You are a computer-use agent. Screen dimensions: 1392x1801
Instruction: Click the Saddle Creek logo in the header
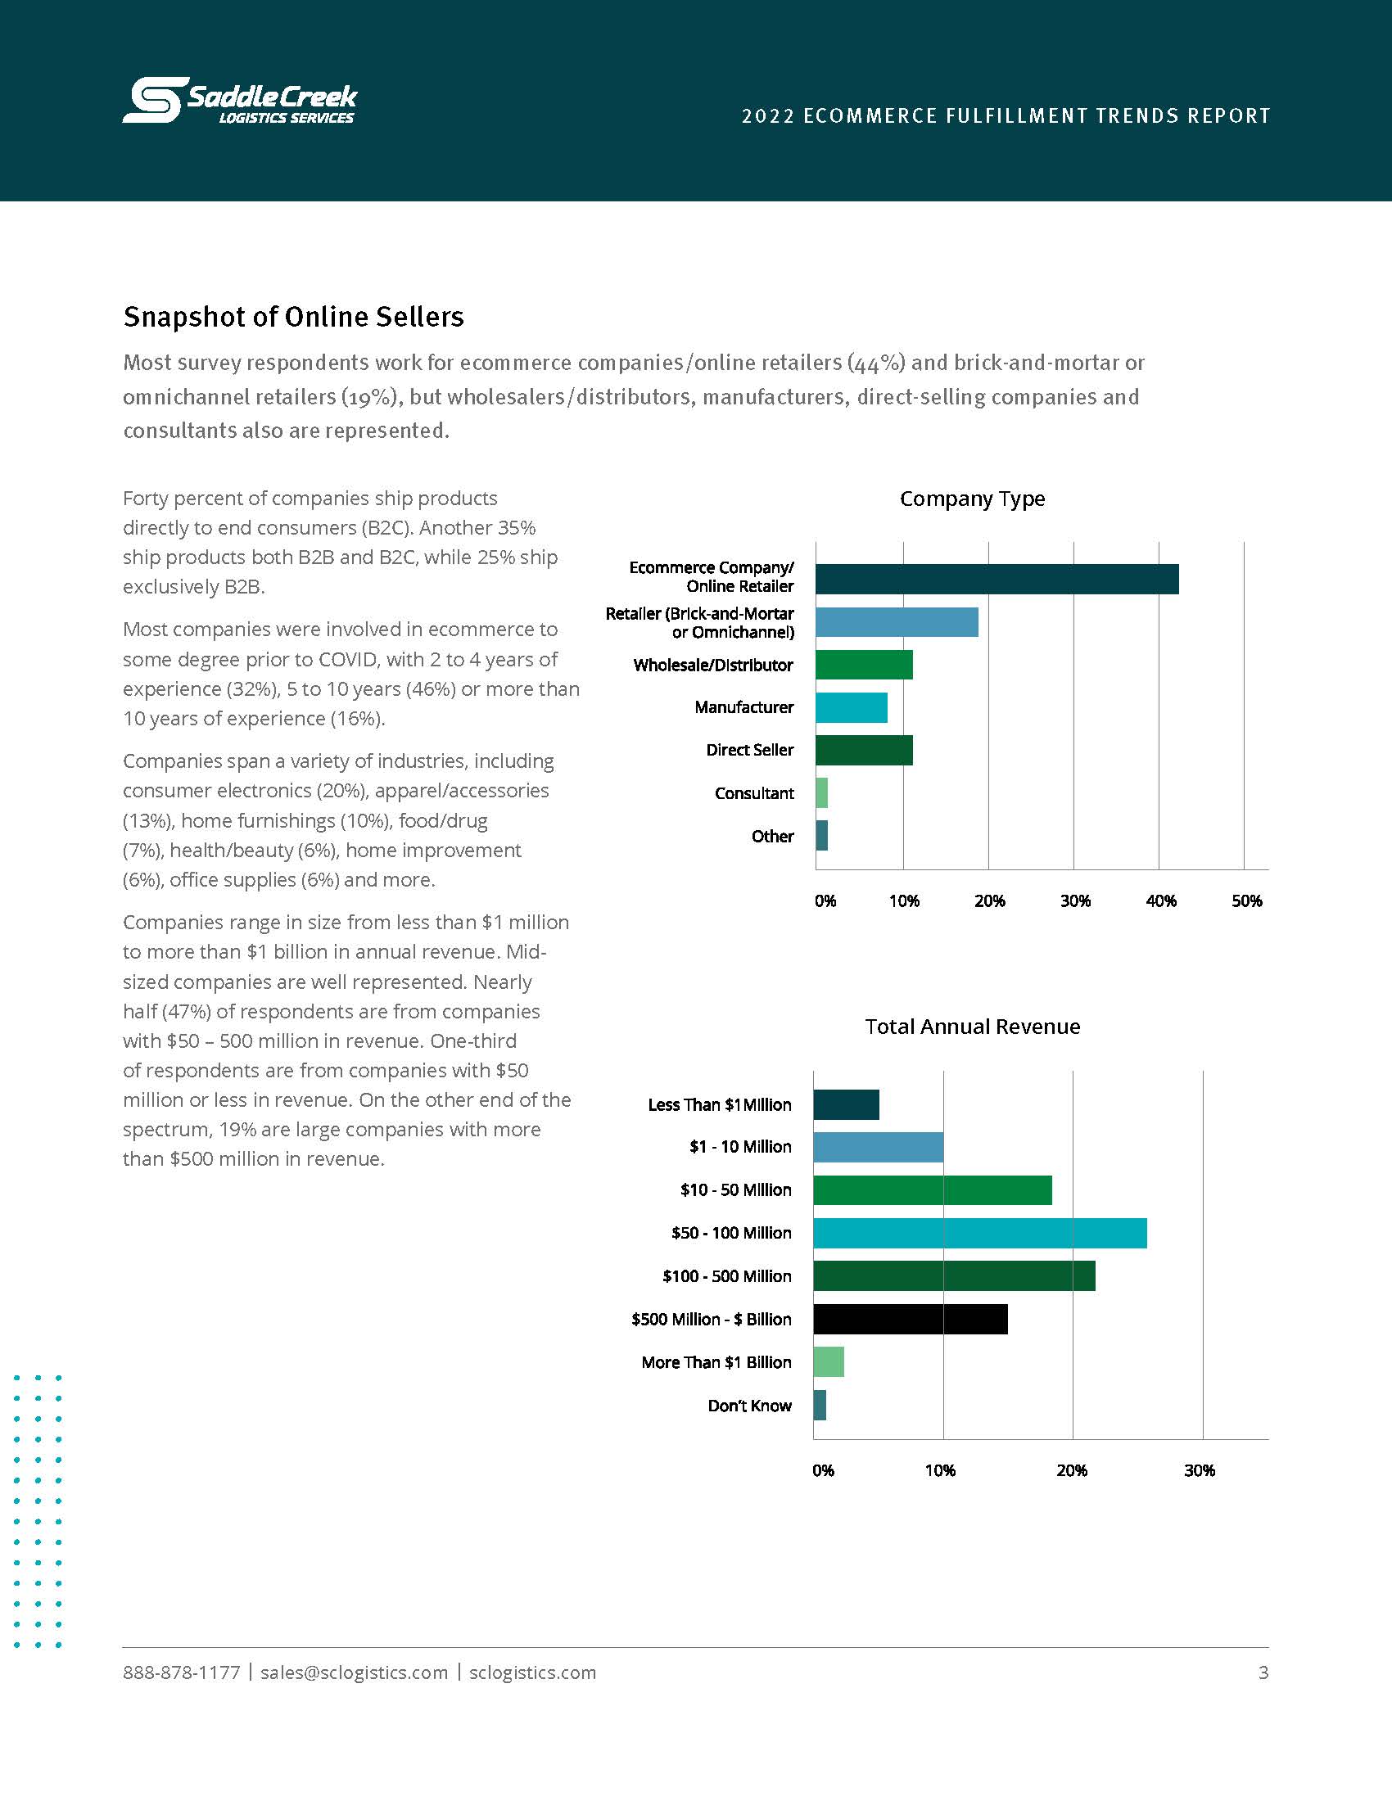240,101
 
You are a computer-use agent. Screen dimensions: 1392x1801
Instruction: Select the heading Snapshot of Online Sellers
294,317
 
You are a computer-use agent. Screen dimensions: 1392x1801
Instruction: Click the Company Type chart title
972,499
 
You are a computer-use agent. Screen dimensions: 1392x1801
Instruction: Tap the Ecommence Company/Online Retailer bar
997,579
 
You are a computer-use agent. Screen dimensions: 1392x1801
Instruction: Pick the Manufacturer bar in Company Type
852,707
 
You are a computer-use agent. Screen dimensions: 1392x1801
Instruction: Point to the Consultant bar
822,792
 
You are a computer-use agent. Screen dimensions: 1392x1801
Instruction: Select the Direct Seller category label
749,750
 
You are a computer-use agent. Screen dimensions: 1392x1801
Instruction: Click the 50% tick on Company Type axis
1246,900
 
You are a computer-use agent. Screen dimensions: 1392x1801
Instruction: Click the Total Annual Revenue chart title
972,1027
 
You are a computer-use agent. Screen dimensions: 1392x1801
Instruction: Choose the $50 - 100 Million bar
979,1233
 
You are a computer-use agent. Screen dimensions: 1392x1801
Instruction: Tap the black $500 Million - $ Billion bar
911,1319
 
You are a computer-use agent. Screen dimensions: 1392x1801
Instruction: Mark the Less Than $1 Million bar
846,1104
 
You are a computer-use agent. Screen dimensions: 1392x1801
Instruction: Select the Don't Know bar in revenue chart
820,1405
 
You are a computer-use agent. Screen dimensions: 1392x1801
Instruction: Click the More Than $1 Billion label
716,1362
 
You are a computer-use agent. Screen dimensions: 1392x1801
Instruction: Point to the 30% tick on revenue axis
1199,1470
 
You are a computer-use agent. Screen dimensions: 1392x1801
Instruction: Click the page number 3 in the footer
1263,1672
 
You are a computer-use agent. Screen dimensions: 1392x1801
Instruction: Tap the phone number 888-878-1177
182,1672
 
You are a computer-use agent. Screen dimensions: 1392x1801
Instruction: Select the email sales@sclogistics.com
354,1672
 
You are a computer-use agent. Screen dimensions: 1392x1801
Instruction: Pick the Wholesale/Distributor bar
864,665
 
